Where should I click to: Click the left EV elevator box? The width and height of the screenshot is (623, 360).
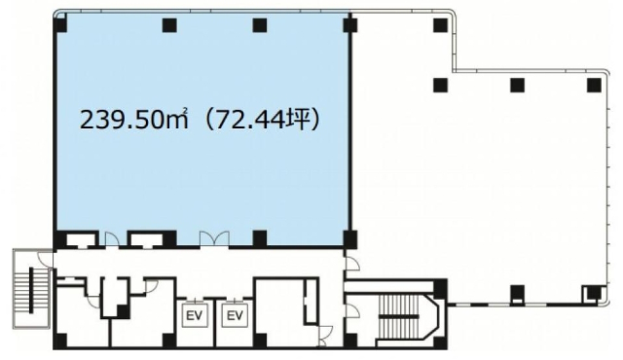195,315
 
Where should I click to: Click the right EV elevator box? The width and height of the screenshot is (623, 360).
235,315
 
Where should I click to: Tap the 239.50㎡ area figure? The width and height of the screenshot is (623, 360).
133,120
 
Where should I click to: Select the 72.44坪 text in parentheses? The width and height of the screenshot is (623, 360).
266,120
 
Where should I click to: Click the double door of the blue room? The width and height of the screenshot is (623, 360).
214,239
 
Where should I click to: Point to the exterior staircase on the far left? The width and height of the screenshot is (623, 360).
31,289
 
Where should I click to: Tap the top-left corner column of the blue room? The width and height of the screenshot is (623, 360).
60,25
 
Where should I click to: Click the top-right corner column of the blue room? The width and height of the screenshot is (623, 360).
350,25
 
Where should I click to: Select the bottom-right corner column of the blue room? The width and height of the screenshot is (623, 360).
350,239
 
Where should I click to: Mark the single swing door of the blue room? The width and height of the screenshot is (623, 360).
112,239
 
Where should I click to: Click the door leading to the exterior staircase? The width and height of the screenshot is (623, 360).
46,260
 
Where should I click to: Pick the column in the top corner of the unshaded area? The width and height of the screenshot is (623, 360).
440,25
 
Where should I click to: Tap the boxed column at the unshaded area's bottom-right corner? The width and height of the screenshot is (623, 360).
593,293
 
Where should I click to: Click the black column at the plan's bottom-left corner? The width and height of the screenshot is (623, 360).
60,341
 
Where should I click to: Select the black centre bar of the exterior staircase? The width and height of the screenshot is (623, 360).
31,290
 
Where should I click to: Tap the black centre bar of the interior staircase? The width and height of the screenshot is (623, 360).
398,316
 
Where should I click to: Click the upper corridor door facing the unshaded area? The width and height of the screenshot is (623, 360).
351,264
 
